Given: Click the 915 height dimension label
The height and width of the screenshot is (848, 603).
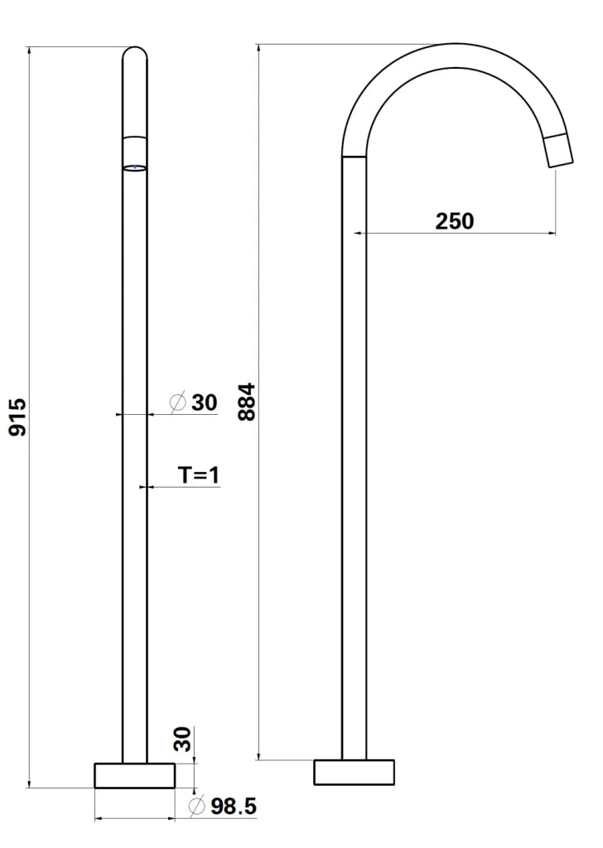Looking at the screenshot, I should pyautogui.click(x=18, y=417).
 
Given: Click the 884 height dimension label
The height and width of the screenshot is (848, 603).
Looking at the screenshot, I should pyautogui.click(x=247, y=402).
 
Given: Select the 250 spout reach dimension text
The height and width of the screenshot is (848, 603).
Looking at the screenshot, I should pyautogui.click(x=455, y=221).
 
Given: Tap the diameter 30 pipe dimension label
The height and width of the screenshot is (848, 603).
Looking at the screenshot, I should pyautogui.click(x=204, y=402).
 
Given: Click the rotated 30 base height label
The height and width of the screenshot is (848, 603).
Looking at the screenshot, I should pyautogui.click(x=184, y=739).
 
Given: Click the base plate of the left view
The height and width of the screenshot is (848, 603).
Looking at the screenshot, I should pyautogui.click(x=135, y=776).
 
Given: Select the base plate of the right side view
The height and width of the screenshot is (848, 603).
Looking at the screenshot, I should pyautogui.click(x=354, y=772).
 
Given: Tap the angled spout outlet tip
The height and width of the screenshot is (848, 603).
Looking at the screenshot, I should pyautogui.click(x=559, y=149).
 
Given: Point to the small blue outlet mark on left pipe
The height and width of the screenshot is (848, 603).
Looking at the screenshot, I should pyautogui.click(x=135, y=167).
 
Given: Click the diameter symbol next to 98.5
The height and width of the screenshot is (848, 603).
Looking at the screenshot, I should pyautogui.click(x=197, y=806).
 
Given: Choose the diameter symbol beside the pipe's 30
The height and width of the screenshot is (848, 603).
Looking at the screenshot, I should pyautogui.click(x=178, y=402).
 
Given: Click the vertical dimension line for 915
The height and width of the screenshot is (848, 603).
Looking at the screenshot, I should pyautogui.click(x=31, y=417).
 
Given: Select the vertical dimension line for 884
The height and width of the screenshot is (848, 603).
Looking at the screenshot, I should pyautogui.click(x=260, y=402).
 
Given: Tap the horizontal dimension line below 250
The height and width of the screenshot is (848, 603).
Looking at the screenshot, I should pyautogui.click(x=455, y=234).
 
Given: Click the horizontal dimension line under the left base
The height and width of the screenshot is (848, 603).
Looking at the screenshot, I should pyautogui.click(x=135, y=819).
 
